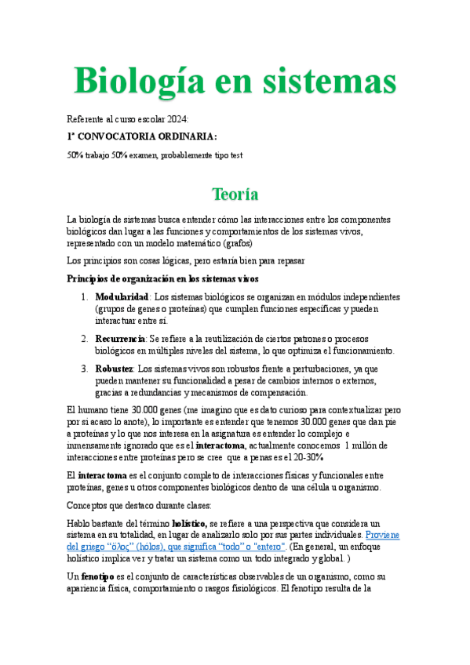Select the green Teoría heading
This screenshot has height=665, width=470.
(x=235, y=193)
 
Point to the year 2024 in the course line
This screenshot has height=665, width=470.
(x=177, y=118)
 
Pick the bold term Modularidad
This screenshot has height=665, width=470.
(x=122, y=298)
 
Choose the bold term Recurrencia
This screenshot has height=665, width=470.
(x=121, y=339)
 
